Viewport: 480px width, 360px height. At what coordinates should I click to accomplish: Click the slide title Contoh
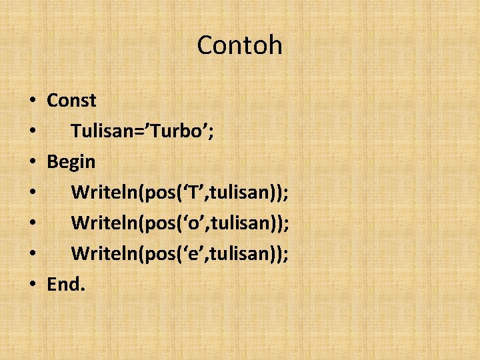pos(239,45)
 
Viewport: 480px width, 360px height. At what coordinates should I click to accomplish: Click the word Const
pos(71,101)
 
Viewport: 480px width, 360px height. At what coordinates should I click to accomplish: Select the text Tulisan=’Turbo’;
pos(142,131)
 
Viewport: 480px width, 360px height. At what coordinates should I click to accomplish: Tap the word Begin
pos(71,162)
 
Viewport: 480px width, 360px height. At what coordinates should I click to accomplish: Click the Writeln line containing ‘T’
pos(179,193)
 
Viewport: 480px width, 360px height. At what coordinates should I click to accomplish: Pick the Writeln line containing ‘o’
pos(179,223)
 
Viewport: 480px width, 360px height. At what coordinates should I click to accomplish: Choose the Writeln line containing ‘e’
pos(179,254)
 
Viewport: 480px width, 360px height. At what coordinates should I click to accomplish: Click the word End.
pos(66,285)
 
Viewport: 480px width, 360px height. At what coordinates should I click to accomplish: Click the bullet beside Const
pos(33,101)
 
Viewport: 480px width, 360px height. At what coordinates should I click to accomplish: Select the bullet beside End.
pos(33,285)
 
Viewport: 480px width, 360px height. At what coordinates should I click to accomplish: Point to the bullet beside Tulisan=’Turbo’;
pos(33,132)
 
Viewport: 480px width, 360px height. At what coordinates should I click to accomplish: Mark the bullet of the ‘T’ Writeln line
pos(33,193)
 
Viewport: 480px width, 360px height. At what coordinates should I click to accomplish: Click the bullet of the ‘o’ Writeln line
pos(33,224)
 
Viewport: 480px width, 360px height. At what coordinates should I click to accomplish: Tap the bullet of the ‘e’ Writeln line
pos(33,255)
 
